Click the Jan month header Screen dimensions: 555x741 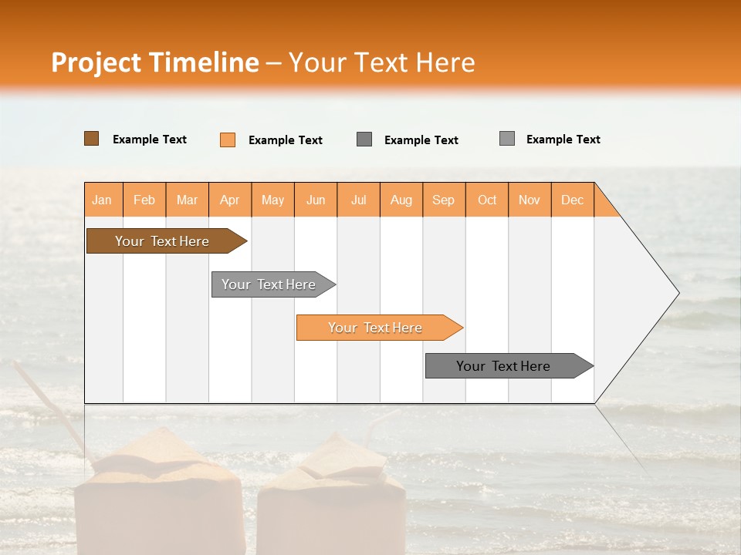pos(103,200)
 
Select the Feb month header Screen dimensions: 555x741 pos(144,200)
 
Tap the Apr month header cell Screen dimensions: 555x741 pos(230,200)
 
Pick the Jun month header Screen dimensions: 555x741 pos(316,200)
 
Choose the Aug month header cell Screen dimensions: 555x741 pos(401,200)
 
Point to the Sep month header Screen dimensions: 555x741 pos(444,200)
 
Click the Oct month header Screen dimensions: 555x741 pos(487,200)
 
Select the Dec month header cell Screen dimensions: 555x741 pos(573,200)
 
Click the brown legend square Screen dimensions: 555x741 pos(91,139)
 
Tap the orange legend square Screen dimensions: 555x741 pos(228,140)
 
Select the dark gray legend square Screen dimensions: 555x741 pos(364,140)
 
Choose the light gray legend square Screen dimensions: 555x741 pos(507,139)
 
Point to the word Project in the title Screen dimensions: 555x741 pos(96,62)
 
